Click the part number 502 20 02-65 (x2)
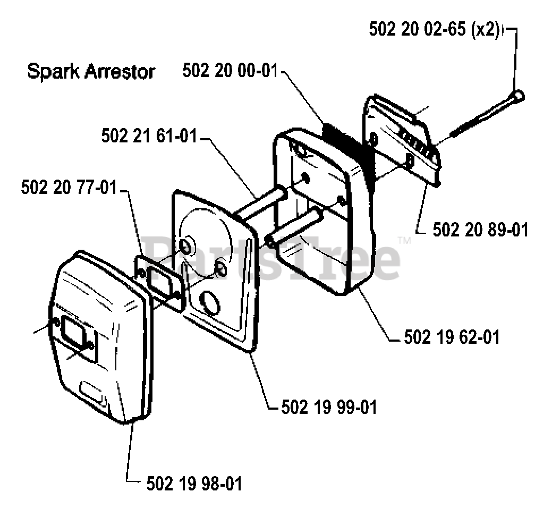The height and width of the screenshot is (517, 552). coord(435,30)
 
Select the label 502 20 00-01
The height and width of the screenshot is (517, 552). coord(230,71)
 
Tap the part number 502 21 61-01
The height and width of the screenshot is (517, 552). coord(149,137)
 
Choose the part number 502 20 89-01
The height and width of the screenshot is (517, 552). coord(480,230)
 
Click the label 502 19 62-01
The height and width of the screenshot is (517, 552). coord(452,337)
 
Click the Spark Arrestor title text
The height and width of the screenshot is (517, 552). coord(91,71)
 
